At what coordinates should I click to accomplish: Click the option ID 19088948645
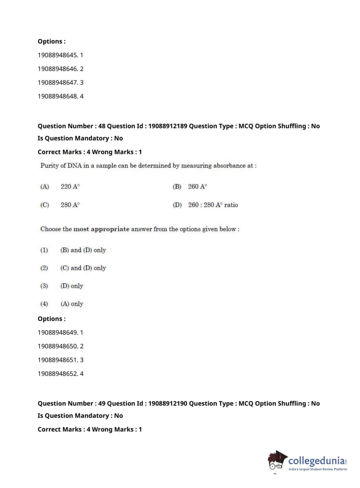coord(58,55)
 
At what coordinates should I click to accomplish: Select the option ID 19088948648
coord(58,96)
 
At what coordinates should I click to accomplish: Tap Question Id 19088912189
coord(168,126)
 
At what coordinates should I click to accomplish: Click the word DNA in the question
coord(74,166)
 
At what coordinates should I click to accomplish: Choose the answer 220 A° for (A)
coord(70,186)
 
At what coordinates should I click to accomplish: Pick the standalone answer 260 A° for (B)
coord(197,186)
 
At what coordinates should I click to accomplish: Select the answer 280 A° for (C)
coord(70,205)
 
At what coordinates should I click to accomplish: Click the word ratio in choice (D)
coord(231,205)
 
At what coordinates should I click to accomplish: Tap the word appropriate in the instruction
coord(110,229)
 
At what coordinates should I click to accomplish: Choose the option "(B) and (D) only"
coord(83,250)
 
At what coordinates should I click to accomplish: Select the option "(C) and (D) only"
coord(83,268)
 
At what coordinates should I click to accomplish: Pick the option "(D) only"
coord(72,286)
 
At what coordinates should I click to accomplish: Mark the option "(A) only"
coord(72,304)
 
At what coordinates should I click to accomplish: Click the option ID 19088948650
coord(58,346)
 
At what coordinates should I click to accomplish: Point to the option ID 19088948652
coord(58,374)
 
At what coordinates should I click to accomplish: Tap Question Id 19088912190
coord(168,403)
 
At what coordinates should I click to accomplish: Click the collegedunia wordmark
coord(316,460)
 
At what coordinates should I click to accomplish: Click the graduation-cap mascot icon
coord(277,460)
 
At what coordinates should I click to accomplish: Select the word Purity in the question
coord(50,166)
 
